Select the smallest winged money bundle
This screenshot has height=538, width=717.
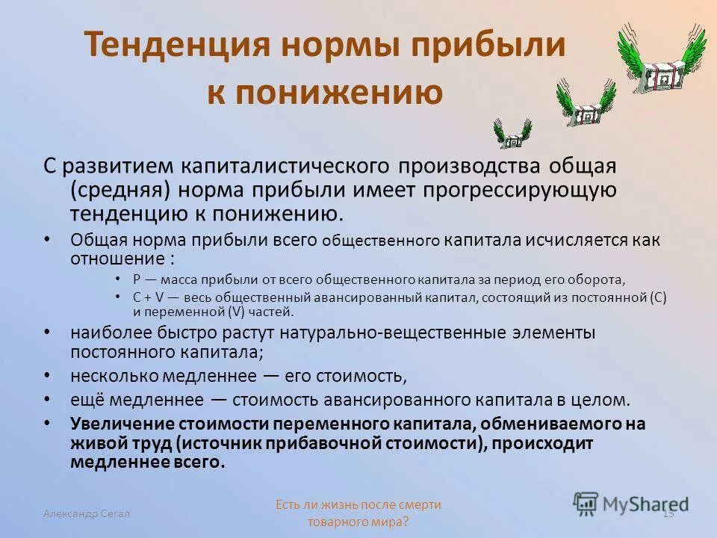point(512,134)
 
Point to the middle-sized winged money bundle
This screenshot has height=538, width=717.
point(586,103)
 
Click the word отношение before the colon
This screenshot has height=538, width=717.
point(117,259)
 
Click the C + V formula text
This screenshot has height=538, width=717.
point(151,297)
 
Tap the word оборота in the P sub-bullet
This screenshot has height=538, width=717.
point(599,279)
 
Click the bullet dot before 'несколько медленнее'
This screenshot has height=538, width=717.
point(49,374)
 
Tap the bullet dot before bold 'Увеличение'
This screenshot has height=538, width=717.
point(49,423)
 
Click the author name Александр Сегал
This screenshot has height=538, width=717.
point(86,513)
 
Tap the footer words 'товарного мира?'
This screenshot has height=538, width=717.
point(358,522)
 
